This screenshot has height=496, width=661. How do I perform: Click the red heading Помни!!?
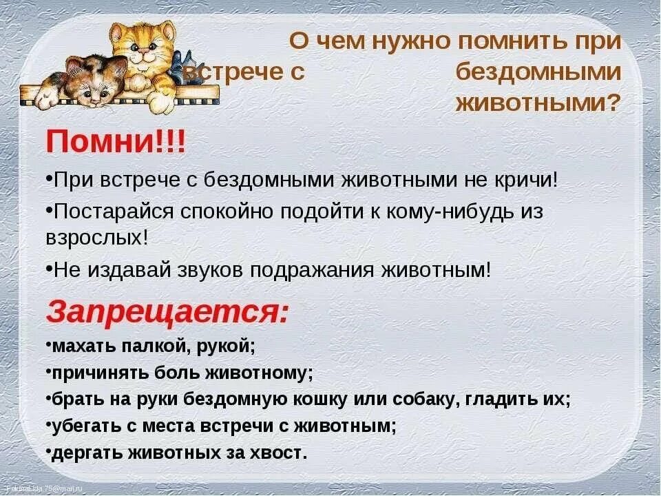point(115,142)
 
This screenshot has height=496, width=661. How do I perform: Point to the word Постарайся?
point(114,211)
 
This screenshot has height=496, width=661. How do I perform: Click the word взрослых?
point(97,238)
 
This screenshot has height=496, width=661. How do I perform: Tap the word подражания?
point(312,270)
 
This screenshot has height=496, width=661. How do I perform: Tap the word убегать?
point(86,426)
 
